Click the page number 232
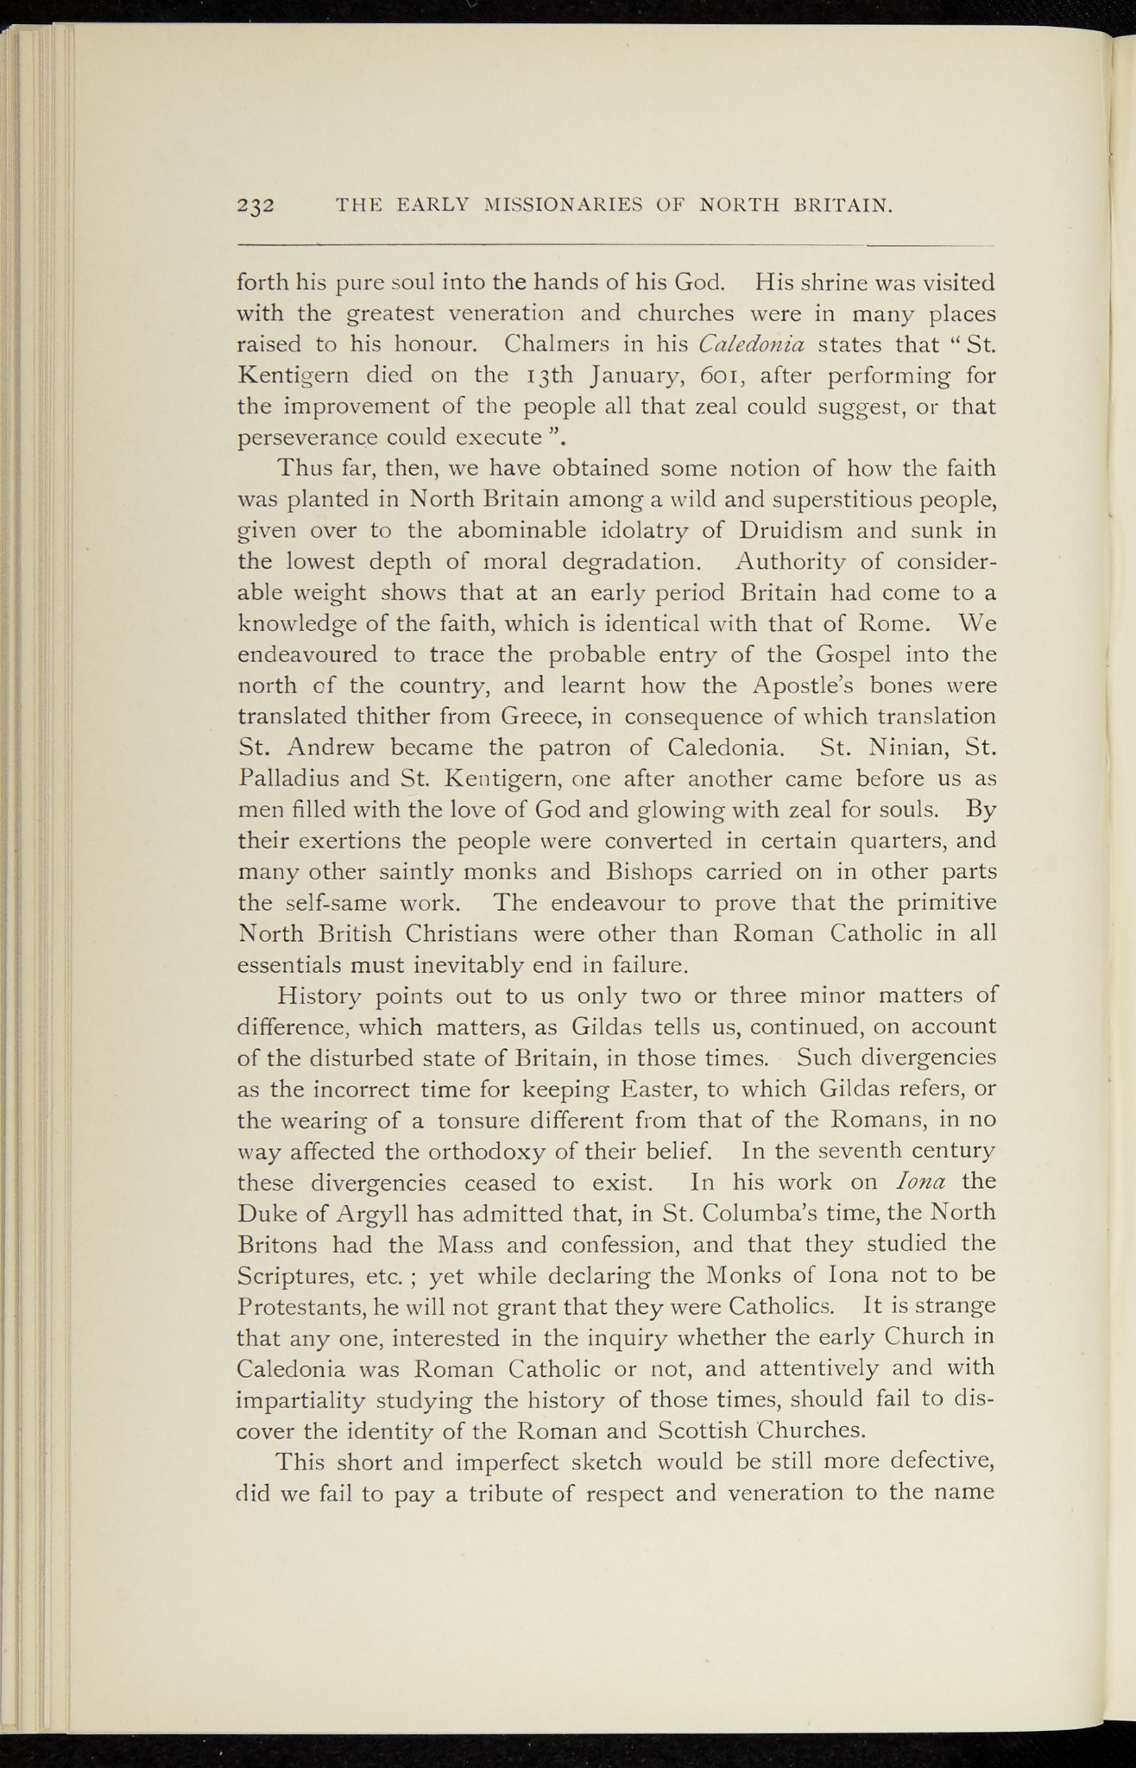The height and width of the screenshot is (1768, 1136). coord(256,205)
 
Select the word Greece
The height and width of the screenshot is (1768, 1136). coord(532,717)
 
